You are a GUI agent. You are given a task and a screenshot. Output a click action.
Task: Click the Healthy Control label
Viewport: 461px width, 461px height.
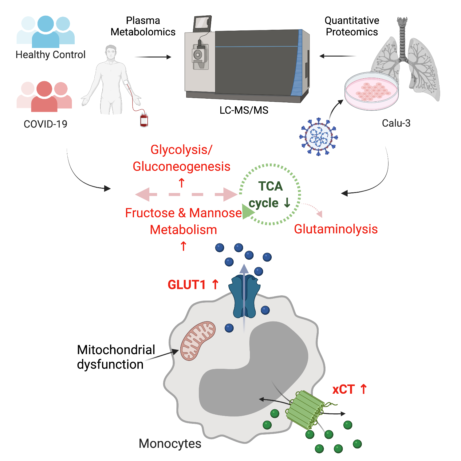point(50,55)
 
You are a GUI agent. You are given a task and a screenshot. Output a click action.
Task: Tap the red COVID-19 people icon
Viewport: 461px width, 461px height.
point(44,96)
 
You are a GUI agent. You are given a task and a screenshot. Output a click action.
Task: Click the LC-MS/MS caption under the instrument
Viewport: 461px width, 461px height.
point(244,110)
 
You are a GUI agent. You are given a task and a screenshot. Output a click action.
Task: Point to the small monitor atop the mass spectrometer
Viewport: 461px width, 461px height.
point(202,23)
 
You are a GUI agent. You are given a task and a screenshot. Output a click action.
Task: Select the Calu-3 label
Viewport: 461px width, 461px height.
point(396,123)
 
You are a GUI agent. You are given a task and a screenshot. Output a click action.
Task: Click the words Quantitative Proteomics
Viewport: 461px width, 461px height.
point(352,26)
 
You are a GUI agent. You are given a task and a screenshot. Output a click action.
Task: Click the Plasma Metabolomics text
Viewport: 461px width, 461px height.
point(143,26)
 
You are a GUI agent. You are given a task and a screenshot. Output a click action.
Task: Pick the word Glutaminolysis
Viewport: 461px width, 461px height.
point(336,229)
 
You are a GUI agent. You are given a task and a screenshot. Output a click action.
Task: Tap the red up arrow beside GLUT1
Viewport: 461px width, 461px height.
point(215,284)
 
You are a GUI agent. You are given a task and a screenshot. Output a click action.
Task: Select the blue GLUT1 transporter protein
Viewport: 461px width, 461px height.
point(244,297)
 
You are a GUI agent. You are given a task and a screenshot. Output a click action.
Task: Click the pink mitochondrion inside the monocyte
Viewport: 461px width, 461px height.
point(198,341)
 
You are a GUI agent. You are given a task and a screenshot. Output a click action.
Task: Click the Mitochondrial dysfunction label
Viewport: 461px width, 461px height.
point(116,357)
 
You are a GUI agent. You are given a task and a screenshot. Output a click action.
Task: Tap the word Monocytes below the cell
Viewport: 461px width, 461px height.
point(170,444)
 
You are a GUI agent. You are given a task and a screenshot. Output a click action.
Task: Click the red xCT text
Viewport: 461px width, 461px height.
point(343,389)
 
